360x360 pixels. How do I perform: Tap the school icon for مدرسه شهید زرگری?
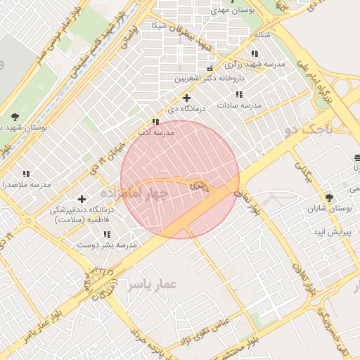click(x=254, y=53)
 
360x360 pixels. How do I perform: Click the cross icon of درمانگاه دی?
click(x=186, y=98)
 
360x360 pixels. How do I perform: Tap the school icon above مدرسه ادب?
click(x=155, y=122)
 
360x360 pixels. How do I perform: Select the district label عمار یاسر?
click(x=152, y=284)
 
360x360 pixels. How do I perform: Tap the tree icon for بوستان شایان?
click(x=329, y=198)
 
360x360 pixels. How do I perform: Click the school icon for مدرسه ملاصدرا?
click(x=26, y=174)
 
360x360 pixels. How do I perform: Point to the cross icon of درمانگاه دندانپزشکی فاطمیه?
click(x=82, y=200)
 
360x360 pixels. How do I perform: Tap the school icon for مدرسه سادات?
click(x=239, y=94)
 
